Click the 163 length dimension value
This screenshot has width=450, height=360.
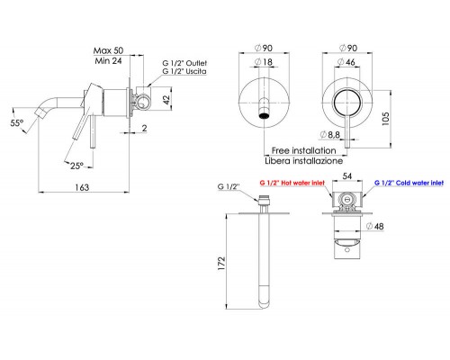point(82,187)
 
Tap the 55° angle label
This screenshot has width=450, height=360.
point(17,122)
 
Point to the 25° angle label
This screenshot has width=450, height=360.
point(76,166)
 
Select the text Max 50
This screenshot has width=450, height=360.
point(108,50)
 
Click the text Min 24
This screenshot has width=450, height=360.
point(108,61)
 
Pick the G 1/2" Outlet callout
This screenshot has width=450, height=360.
point(184,63)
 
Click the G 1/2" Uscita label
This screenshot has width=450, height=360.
point(184,71)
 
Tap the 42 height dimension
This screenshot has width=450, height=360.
point(166,99)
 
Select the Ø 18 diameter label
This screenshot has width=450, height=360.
point(264,62)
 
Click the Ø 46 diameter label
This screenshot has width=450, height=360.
point(346,62)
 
